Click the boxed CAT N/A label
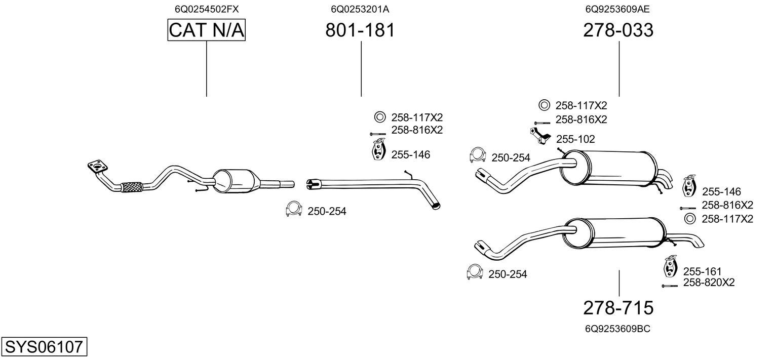point(206,30)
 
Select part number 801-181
point(360,30)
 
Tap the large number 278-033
point(618,30)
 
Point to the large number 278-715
point(618,307)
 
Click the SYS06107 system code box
point(44,347)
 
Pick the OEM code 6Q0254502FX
point(206,9)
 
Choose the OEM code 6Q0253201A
point(360,9)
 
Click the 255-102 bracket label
point(575,139)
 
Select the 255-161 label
point(702,272)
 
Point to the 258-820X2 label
point(709,283)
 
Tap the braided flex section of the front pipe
point(132,187)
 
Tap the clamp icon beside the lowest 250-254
point(474,272)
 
